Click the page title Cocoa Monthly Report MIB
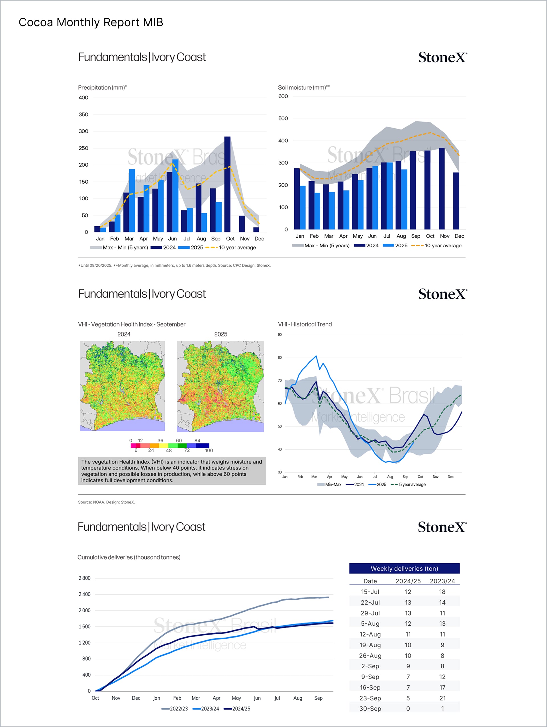point(91,22)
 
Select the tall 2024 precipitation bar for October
point(227,184)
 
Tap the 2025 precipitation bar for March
point(132,200)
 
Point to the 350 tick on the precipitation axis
point(83,114)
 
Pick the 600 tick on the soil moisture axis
point(283,96)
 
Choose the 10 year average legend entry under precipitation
point(237,247)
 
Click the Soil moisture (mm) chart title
point(304,87)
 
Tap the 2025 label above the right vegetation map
point(221,334)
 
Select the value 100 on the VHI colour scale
point(209,450)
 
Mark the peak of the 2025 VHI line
point(316,356)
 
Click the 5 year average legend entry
point(412,484)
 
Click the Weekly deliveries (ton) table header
point(404,568)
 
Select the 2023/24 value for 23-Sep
point(442,698)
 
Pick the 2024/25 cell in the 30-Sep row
point(408,708)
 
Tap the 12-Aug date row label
point(370,634)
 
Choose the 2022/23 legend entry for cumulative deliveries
point(178,708)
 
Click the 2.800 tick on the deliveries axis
point(84,578)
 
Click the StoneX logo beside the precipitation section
point(442,57)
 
